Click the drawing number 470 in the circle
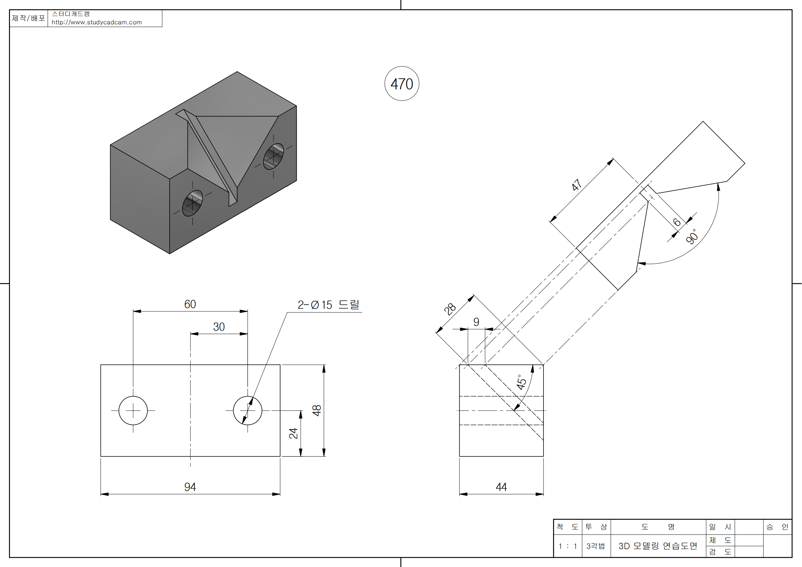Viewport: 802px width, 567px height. pyautogui.click(x=402, y=84)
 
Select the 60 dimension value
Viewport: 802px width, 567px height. pyautogui.click(x=190, y=304)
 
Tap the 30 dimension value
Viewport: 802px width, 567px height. pyautogui.click(x=219, y=327)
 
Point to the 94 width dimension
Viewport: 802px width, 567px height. pyautogui.click(x=190, y=487)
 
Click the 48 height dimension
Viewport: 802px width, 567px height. pyautogui.click(x=317, y=411)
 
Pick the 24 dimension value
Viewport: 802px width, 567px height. pyautogui.click(x=294, y=433)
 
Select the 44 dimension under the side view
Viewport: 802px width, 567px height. pyautogui.click(x=501, y=487)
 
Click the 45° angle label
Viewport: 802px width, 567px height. pyautogui.click(x=521, y=382)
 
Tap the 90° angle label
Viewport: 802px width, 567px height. pyautogui.click(x=692, y=237)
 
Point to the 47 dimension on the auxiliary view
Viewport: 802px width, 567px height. pyautogui.click(x=577, y=185)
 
